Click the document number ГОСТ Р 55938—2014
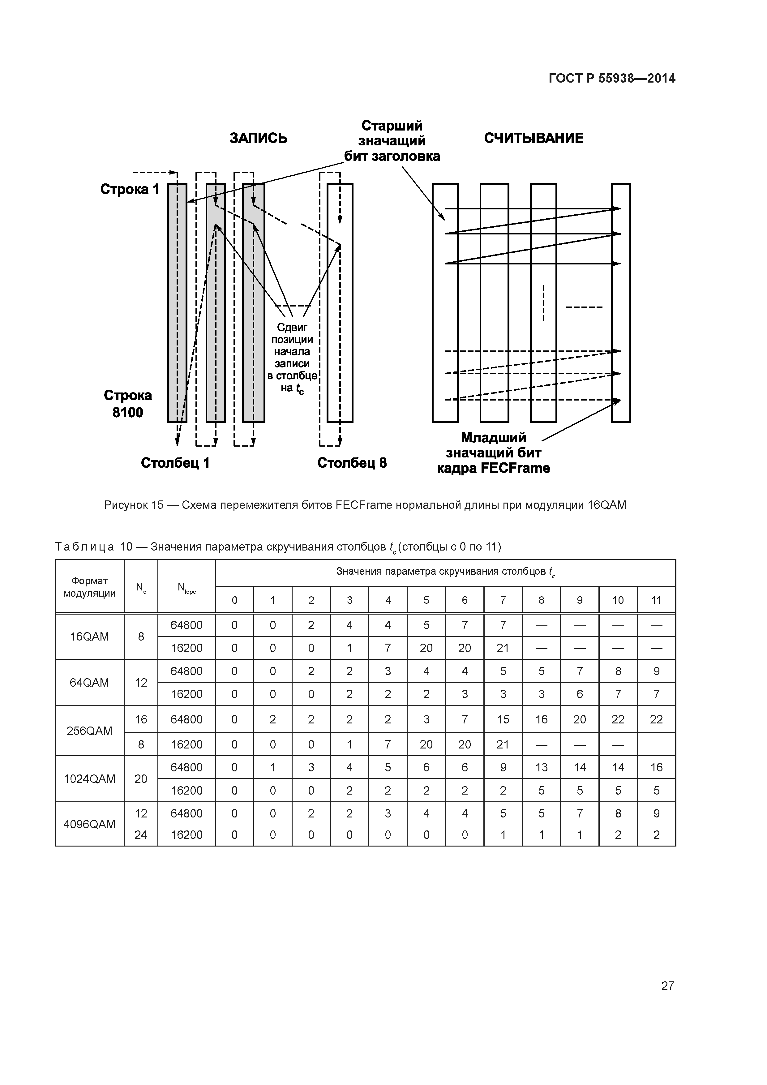[612, 79]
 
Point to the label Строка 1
[130, 190]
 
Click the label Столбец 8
[352, 463]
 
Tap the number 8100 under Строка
[128, 413]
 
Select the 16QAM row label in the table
[89, 637]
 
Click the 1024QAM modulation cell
[89, 779]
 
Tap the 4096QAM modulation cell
[89, 825]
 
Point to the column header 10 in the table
[618, 600]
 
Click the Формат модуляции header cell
[89, 587]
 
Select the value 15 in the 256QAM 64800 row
[503, 720]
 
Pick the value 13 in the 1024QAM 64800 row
[541, 767]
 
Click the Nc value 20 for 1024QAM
[141, 779]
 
